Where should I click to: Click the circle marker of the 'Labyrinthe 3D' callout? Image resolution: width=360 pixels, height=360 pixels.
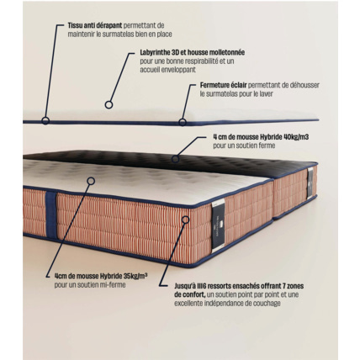pyautogui.click(x=109, y=105)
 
